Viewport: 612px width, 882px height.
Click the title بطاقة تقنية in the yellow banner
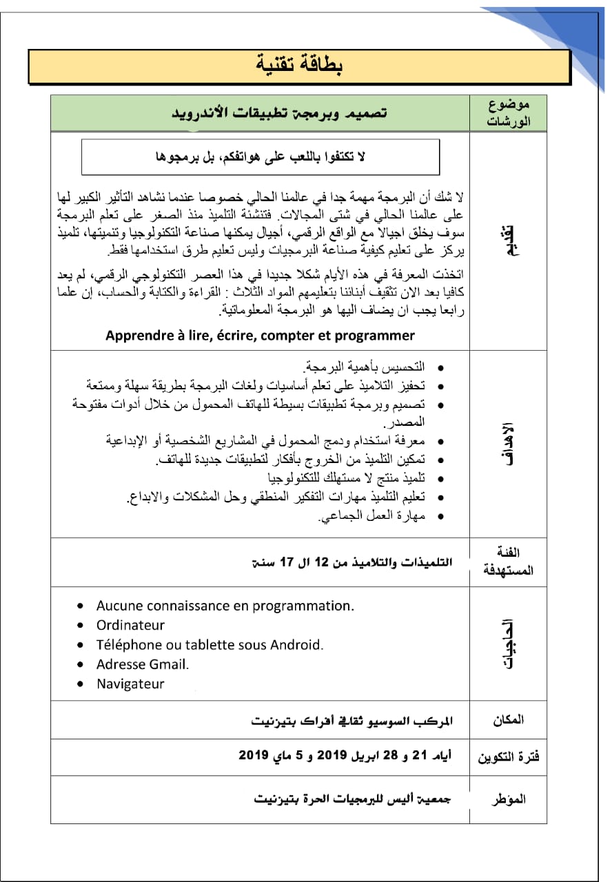pyautogui.click(x=299, y=65)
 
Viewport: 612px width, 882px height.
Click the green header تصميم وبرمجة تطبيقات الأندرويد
pyautogui.click(x=279, y=112)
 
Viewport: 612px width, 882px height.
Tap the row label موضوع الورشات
pyautogui.click(x=508, y=113)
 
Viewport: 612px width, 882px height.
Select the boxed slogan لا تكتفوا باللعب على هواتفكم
pyautogui.click(x=261, y=157)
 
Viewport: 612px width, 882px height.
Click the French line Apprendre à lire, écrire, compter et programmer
pyautogui.click(x=260, y=336)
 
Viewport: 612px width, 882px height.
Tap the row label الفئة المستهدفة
pyautogui.click(x=509, y=562)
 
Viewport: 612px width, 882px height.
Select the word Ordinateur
pyautogui.click(x=130, y=625)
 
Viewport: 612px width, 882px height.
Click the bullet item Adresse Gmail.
pyautogui.click(x=142, y=664)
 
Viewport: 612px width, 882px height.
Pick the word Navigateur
pyautogui.click(x=130, y=684)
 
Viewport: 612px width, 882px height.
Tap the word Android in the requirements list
pyautogui.click(x=294, y=645)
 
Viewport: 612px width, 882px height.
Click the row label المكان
pyautogui.click(x=508, y=720)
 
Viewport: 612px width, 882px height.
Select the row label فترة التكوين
pyautogui.click(x=509, y=757)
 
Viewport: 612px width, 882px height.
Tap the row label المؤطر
pyautogui.click(x=509, y=799)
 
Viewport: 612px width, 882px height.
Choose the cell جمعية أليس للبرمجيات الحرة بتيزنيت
pyautogui.click(x=352, y=799)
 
